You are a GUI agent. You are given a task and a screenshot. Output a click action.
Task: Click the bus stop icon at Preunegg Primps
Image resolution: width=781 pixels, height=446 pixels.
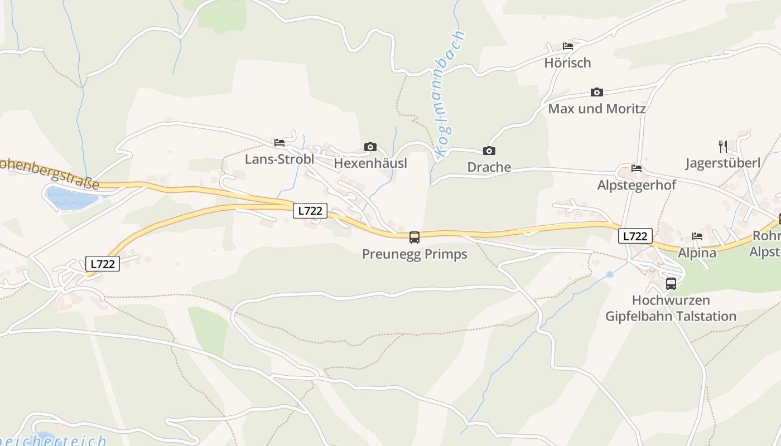pyautogui.click(x=414, y=237)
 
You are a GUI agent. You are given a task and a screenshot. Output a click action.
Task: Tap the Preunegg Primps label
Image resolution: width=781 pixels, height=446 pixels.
pyautogui.click(x=414, y=254)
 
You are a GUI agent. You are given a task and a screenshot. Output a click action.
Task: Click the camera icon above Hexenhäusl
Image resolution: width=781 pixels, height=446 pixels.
pyautogui.click(x=370, y=147)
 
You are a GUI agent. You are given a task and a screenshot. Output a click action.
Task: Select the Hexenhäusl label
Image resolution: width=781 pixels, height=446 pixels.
pyautogui.click(x=370, y=163)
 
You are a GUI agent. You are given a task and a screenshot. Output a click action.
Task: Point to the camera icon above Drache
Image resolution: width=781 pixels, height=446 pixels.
pyautogui.click(x=489, y=151)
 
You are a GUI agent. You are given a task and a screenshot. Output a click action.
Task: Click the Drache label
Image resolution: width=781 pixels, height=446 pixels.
pyautogui.click(x=489, y=167)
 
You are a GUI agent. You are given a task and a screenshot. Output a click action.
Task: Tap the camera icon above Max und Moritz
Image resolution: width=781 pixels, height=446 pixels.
pyautogui.click(x=596, y=93)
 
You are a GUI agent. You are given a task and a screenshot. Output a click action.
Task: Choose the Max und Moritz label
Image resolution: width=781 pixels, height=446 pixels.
pyautogui.click(x=596, y=108)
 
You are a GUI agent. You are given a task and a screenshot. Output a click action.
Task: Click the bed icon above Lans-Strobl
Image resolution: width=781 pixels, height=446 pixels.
pyautogui.click(x=279, y=143)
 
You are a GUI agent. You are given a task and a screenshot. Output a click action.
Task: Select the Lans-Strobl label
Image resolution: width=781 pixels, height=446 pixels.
pyautogui.click(x=279, y=159)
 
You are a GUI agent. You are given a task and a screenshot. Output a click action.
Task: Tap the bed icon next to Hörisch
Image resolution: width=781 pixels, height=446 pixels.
pyautogui.click(x=568, y=46)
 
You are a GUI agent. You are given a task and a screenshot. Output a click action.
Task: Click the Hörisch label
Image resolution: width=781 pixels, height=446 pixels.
pyautogui.click(x=567, y=62)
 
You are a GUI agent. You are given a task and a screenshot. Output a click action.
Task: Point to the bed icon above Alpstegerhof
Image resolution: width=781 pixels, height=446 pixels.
pyautogui.click(x=636, y=168)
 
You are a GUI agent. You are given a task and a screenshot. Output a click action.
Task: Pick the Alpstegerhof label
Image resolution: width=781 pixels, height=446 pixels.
pyautogui.click(x=636, y=185)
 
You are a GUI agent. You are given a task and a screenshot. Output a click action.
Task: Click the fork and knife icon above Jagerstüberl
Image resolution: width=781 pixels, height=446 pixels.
pyautogui.click(x=723, y=147)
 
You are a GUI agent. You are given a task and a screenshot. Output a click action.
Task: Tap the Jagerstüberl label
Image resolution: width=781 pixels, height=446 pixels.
pyautogui.click(x=723, y=163)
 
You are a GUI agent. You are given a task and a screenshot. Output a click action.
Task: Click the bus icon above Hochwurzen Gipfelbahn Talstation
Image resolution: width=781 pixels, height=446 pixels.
pyautogui.click(x=671, y=283)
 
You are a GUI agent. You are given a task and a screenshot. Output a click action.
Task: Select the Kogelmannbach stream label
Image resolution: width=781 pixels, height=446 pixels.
pyautogui.click(x=449, y=94)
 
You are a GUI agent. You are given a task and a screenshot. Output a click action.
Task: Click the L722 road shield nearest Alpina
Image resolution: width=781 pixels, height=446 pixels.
pyautogui.click(x=635, y=236)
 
